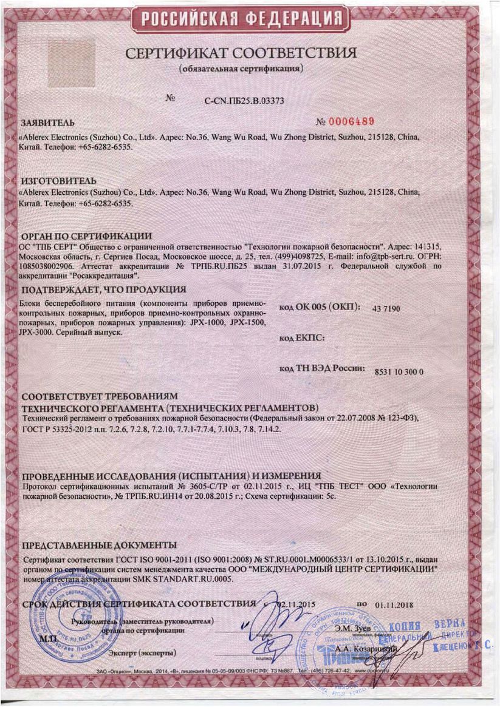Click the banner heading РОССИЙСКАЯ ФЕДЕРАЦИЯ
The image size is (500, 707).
click(250, 20)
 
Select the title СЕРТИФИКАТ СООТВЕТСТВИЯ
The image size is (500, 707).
click(241, 54)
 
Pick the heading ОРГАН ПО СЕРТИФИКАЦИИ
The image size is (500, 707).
click(86, 235)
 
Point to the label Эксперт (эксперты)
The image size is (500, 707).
click(142, 652)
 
